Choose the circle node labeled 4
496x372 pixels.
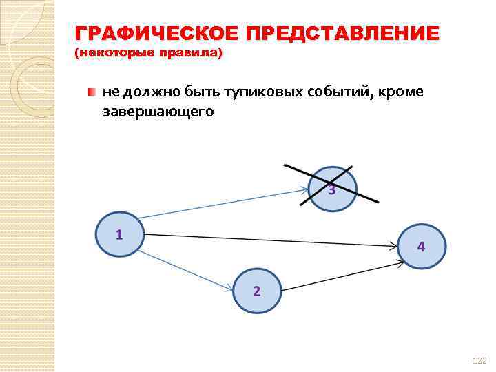[422, 247]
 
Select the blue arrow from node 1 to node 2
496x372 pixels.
[186, 270]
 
